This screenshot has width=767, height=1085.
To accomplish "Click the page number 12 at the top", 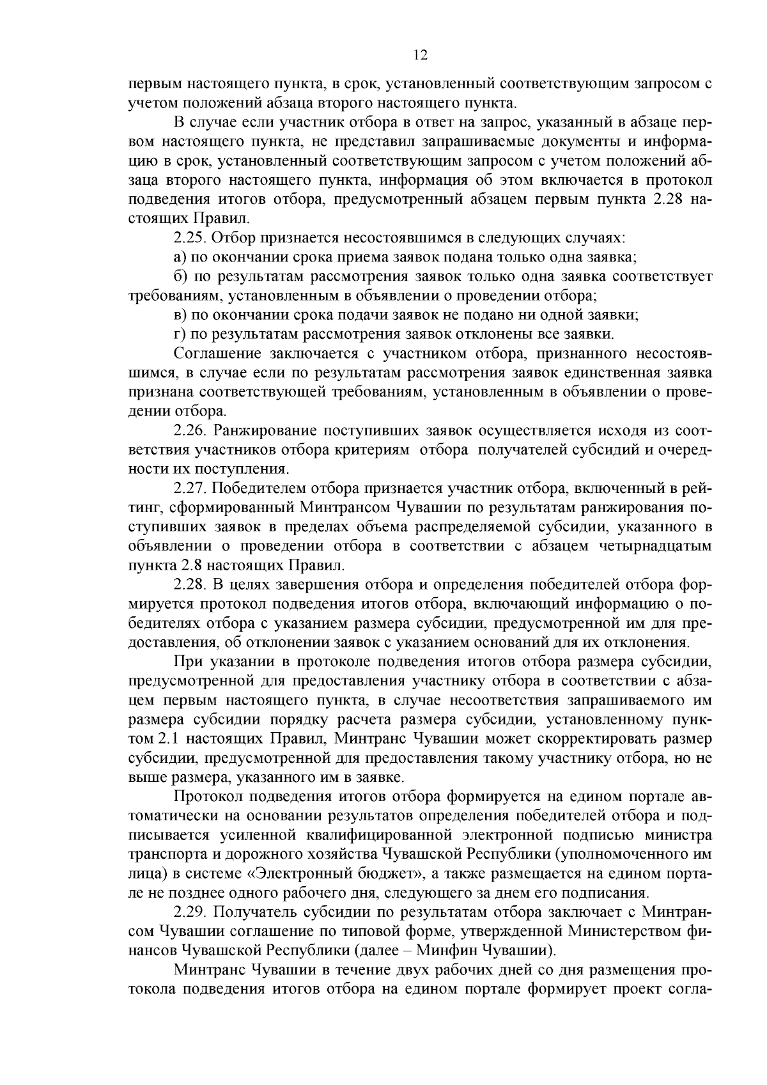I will (420, 55).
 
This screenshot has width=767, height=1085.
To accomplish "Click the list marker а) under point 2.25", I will (180, 258).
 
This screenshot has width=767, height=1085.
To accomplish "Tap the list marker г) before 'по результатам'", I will (179, 334).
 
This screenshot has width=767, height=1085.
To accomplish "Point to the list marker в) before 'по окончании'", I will (180, 315).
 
